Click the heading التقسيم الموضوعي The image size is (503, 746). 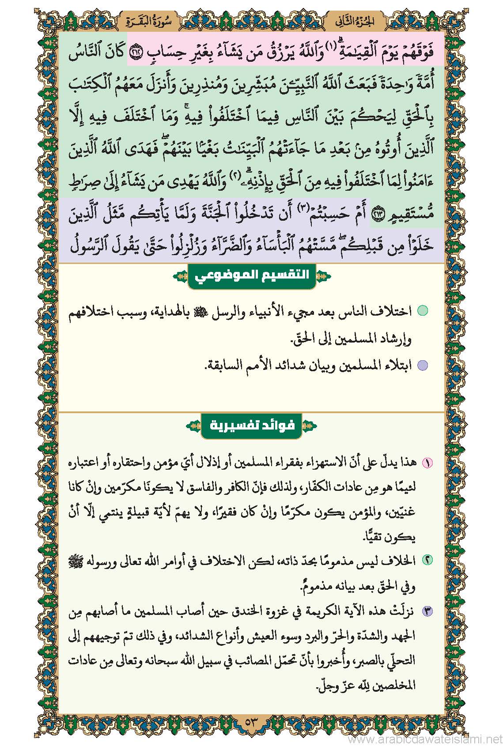tap(252, 276)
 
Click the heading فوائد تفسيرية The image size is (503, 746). tap(252, 426)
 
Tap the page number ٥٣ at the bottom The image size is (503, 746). tap(251, 723)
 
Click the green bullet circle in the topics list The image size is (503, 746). tap(423, 311)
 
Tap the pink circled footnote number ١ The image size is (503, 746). tap(427, 463)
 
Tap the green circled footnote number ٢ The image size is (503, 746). tap(427, 560)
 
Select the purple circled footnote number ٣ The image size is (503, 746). tap(427, 612)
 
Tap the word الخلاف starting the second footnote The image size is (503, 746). tap(402, 561)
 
